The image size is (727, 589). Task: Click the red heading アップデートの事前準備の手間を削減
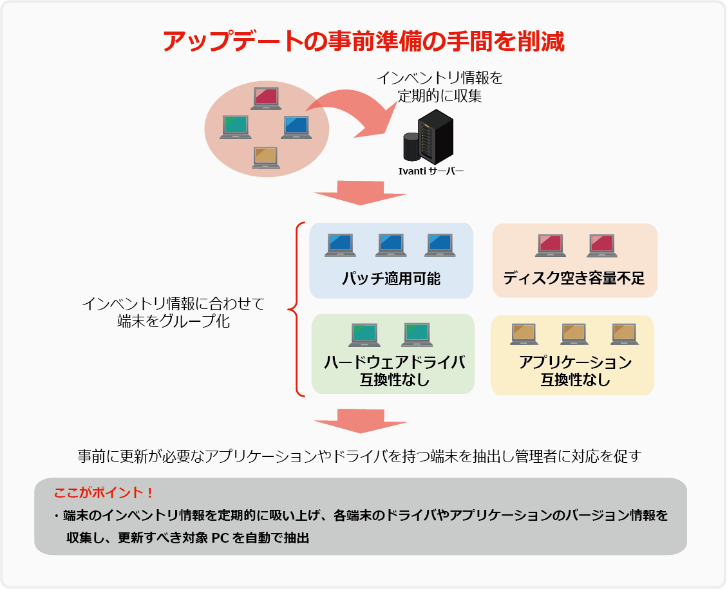pos(363,42)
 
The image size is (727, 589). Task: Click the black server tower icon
pos(435,137)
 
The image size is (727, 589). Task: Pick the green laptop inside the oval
pos(236,127)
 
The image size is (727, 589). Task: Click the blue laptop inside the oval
pos(297,127)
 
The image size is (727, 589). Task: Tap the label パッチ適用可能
pos(392,279)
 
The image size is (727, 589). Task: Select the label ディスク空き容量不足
pos(574,279)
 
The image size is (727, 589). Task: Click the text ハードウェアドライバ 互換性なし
pos(394,370)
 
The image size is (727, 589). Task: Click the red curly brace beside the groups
pos(296,309)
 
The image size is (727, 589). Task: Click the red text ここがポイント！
pos(104,493)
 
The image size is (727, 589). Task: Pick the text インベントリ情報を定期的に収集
pos(439,87)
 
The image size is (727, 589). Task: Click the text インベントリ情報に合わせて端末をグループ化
pos(174,313)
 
